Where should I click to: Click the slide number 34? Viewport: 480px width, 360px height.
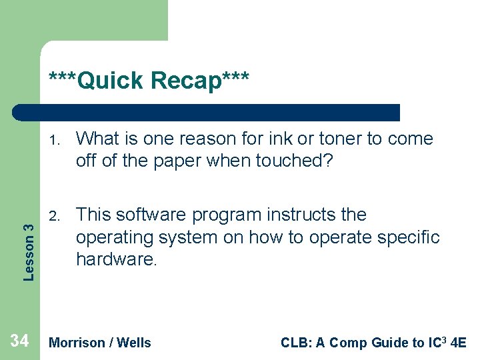[x=19, y=341]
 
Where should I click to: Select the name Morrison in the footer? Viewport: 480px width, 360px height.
[x=77, y=343]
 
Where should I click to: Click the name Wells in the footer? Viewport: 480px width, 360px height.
[x=134, y=343]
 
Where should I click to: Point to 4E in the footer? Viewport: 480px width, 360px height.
[x=459, y=343]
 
